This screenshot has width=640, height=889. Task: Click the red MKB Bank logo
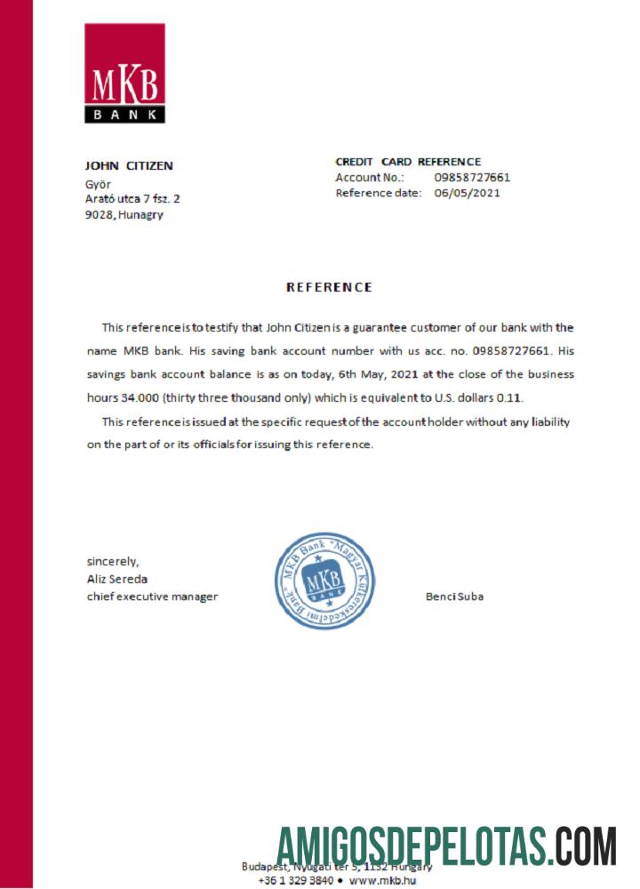[124, 73]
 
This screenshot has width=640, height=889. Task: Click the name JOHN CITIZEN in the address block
[129, 165]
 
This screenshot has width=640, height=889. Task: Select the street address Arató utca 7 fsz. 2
[132, 199]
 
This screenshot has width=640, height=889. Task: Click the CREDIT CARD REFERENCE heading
[408, 162]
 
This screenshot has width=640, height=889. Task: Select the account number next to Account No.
[472, 177]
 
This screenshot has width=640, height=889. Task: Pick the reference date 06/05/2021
[468, 193]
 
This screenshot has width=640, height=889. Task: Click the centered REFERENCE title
[329, 287]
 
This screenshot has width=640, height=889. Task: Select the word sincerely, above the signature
[113, 561]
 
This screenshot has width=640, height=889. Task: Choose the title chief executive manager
[152, 597]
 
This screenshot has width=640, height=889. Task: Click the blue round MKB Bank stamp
[324, 581]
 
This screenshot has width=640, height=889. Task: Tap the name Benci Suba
[455, 597]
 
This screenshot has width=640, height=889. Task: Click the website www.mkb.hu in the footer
[383, 881]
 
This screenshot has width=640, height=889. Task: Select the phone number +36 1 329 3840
[295, 881]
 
